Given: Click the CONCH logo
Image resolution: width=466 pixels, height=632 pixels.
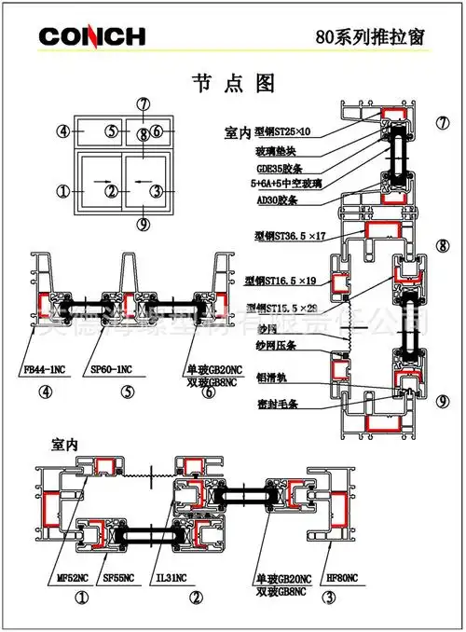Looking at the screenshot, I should point(92,36).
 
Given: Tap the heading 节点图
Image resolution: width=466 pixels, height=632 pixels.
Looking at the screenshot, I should point(232,83).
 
